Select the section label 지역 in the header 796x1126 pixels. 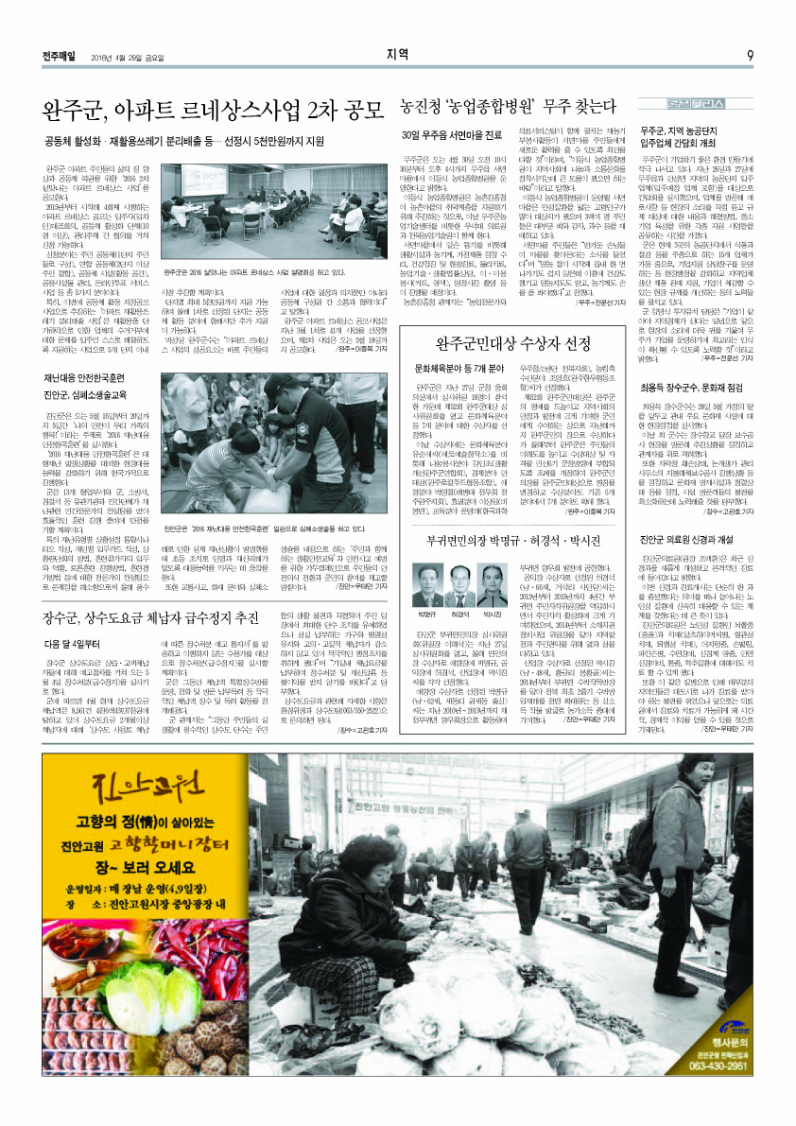tap(398, 54)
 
